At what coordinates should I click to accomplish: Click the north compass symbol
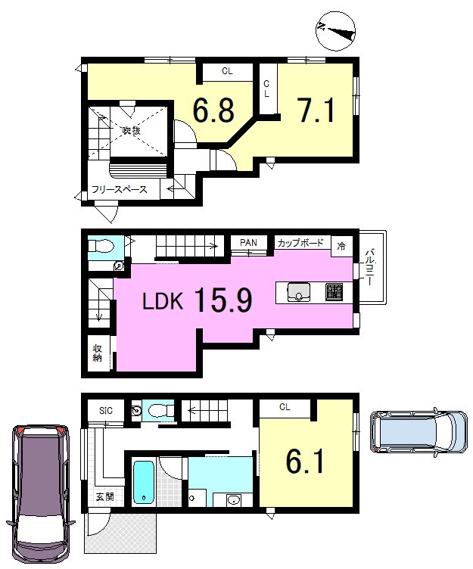(335, 30)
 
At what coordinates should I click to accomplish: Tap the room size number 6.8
(213, 110)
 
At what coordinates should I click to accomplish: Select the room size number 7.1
(316, 110)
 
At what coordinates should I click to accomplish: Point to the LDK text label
(162, 301)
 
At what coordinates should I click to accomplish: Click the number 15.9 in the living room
(223, 300)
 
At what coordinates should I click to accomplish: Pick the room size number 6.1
(304, 461)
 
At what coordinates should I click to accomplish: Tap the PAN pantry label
(249, 242)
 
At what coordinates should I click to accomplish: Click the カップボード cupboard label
(300, 243)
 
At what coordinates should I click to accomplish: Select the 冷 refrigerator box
(341, 247)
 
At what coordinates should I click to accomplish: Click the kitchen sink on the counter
(299, 293)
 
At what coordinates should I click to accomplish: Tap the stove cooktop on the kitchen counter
(334, 293)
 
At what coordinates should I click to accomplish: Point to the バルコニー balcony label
(369, 266)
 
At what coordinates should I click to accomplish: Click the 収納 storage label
(97, 353)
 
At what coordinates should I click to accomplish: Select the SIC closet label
(106, 410)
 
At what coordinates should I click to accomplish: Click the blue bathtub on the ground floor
(144, 482)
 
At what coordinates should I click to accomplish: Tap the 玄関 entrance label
(104, 497)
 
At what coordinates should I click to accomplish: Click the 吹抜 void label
(131, 130)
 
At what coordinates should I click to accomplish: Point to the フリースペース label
(119, 189)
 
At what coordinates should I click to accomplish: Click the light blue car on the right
(419, 432)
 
